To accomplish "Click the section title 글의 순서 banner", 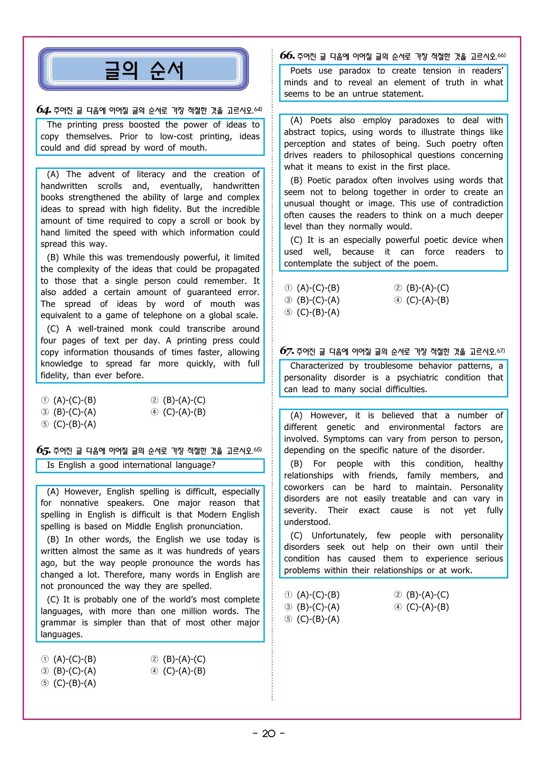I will click(144, 70).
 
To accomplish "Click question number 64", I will click(44, 110).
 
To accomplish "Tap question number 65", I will click(44, 450).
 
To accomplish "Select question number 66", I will click(287, 56).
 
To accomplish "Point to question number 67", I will click(287, 351).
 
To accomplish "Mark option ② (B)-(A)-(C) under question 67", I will click(422, 595).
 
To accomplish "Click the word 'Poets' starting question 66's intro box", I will click(301, 71).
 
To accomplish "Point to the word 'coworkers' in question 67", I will click(304, 487).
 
